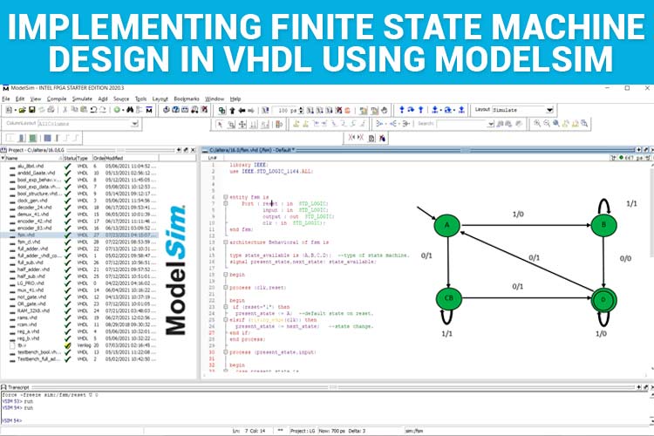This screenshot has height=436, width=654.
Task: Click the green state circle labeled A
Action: (446, 225)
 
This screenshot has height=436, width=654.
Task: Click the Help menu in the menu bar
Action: (235, 99)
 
